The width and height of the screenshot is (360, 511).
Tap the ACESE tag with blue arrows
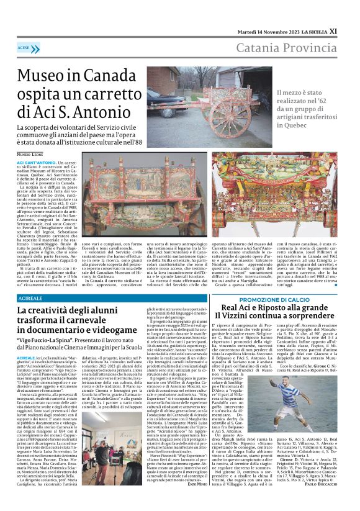29,48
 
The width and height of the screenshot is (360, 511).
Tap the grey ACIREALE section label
31,299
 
